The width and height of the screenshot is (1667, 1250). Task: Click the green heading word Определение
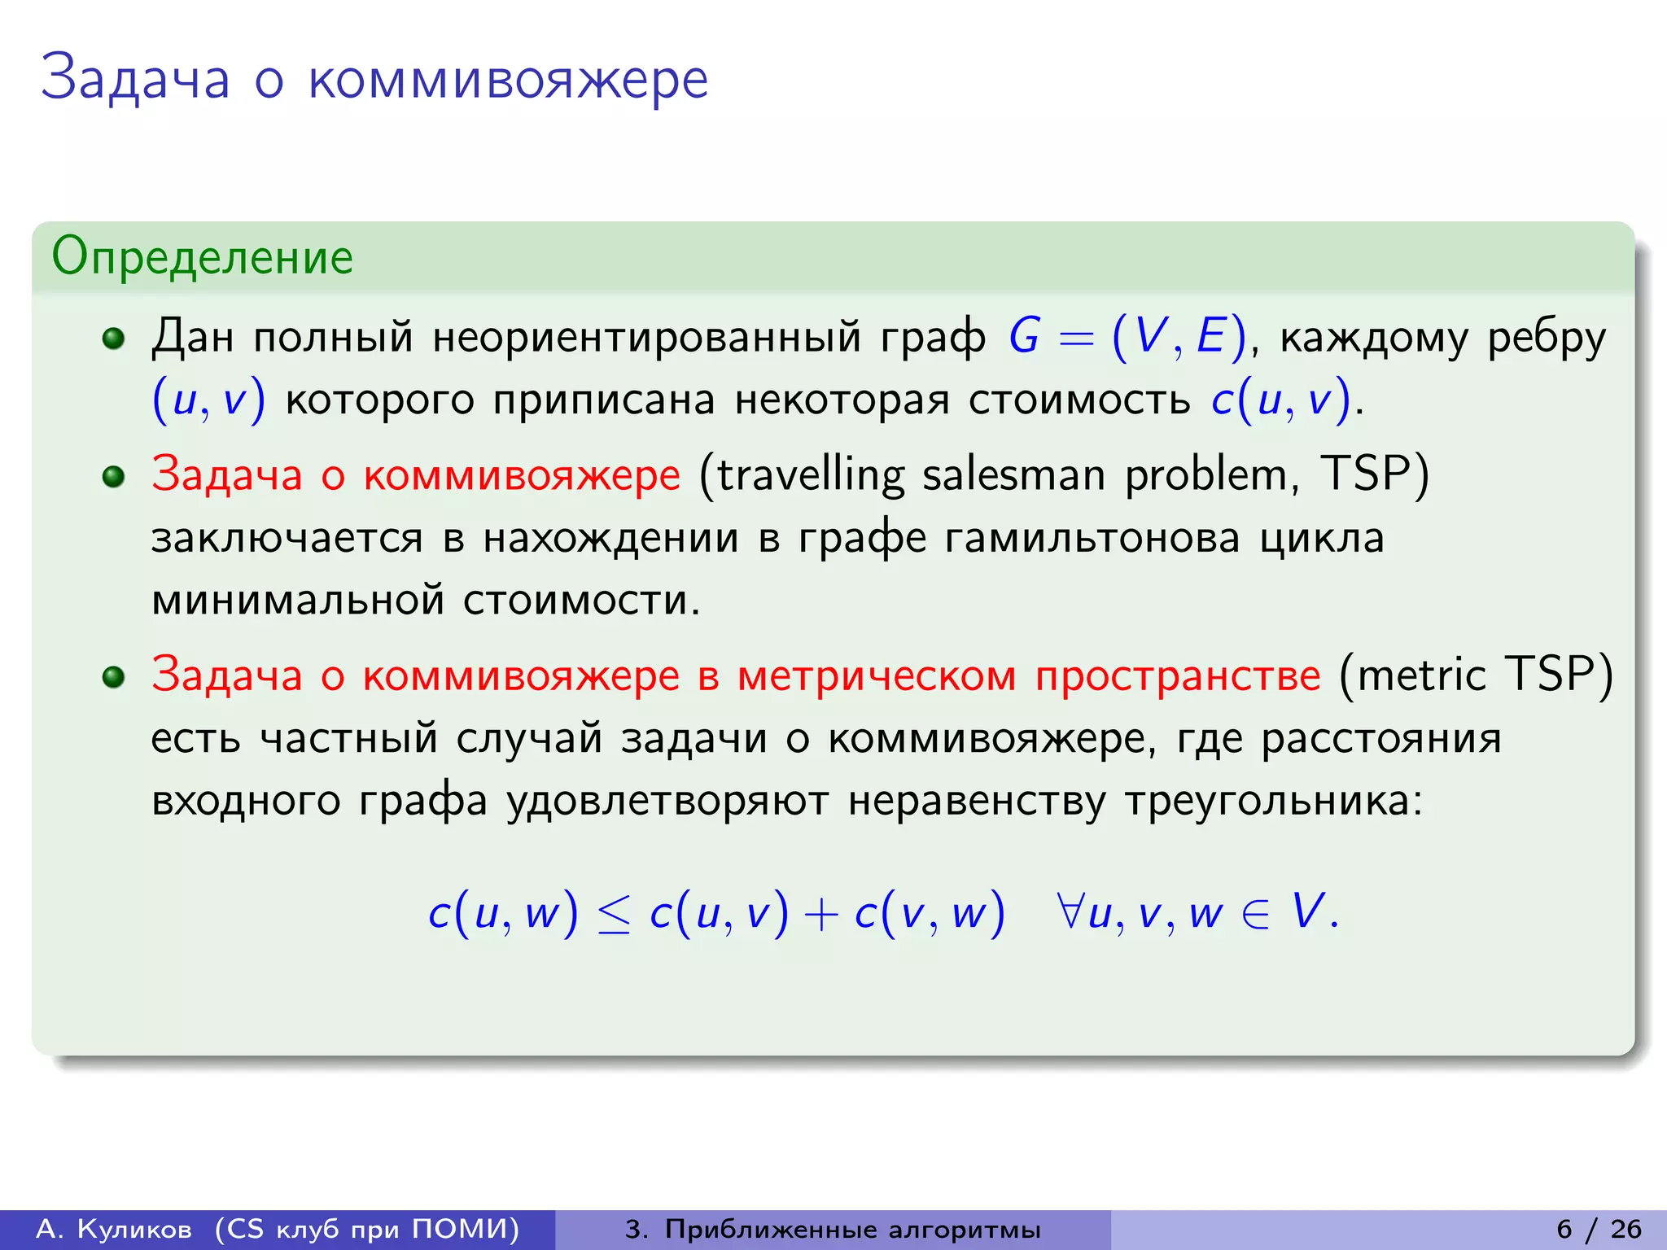(202, 257)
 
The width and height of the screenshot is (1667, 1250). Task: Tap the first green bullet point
(113, 338)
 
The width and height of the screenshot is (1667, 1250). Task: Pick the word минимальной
(298, 601)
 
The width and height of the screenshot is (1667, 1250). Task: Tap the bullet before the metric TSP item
(113, 676)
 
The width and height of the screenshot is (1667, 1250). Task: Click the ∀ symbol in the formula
(1070, 911)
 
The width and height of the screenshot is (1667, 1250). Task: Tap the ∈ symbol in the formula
(1255, 913)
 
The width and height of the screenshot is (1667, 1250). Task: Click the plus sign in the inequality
(821, 914)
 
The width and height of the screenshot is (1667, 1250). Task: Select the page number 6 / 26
(1599, 1228)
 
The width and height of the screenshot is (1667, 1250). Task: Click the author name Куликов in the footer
(134, 1229)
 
